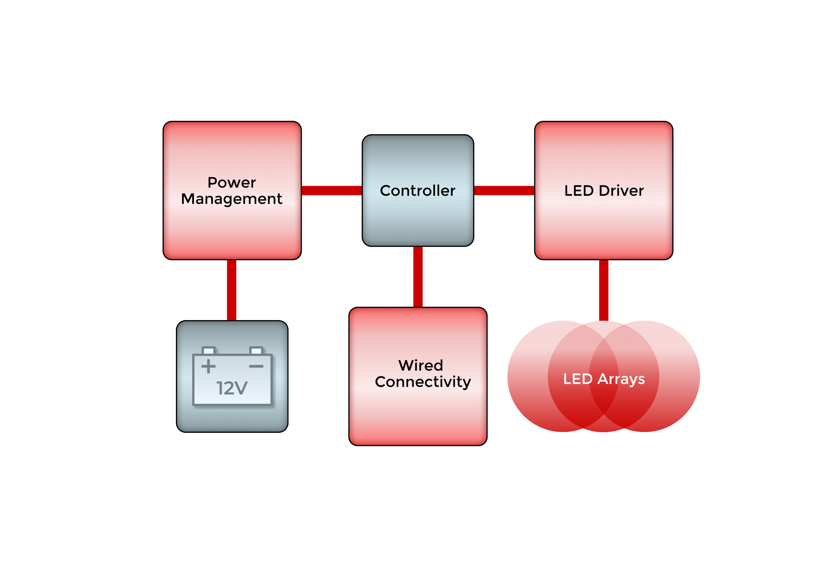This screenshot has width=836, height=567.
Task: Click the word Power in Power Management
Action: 231,183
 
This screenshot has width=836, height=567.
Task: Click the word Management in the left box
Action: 231,199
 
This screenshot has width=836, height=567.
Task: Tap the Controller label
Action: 417,190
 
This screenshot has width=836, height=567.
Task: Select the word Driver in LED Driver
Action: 621,190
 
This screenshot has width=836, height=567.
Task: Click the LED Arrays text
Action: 604,379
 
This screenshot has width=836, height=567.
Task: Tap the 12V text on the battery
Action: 232,388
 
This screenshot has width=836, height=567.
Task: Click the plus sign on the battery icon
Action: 208,366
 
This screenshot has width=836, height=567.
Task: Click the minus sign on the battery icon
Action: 256,366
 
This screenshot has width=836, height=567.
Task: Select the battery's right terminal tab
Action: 256,350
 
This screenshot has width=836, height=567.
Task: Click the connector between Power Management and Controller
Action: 331,190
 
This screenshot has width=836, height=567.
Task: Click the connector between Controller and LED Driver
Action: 504,190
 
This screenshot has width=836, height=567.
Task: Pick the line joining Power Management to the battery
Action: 232,290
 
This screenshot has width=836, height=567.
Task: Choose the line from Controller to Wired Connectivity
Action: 418,276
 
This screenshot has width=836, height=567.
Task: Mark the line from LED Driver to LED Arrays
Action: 604,290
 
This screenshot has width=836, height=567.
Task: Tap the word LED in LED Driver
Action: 579,190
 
